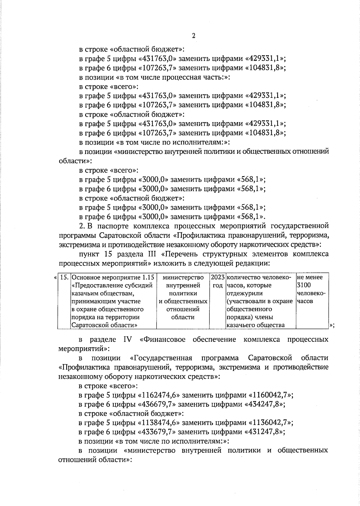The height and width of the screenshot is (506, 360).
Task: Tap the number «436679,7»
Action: (x=158, y=404)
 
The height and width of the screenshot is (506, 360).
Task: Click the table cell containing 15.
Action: (x=64, y=277)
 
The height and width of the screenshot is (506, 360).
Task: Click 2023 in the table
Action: (x=217, y=277)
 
